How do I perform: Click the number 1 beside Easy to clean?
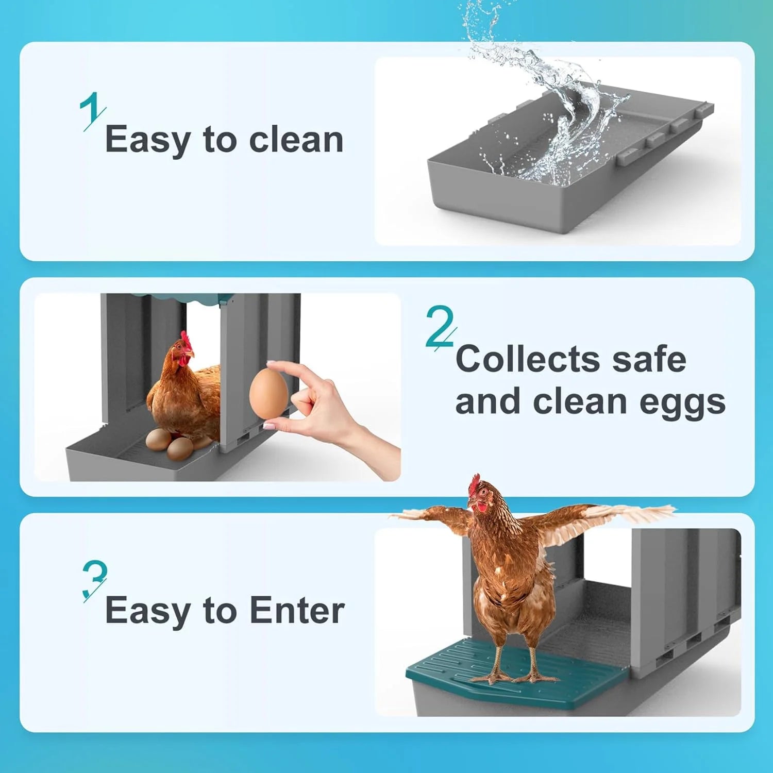pos(92,111)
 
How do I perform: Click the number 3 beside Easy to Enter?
pos(94,580)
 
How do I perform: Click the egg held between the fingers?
pos(268,393)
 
